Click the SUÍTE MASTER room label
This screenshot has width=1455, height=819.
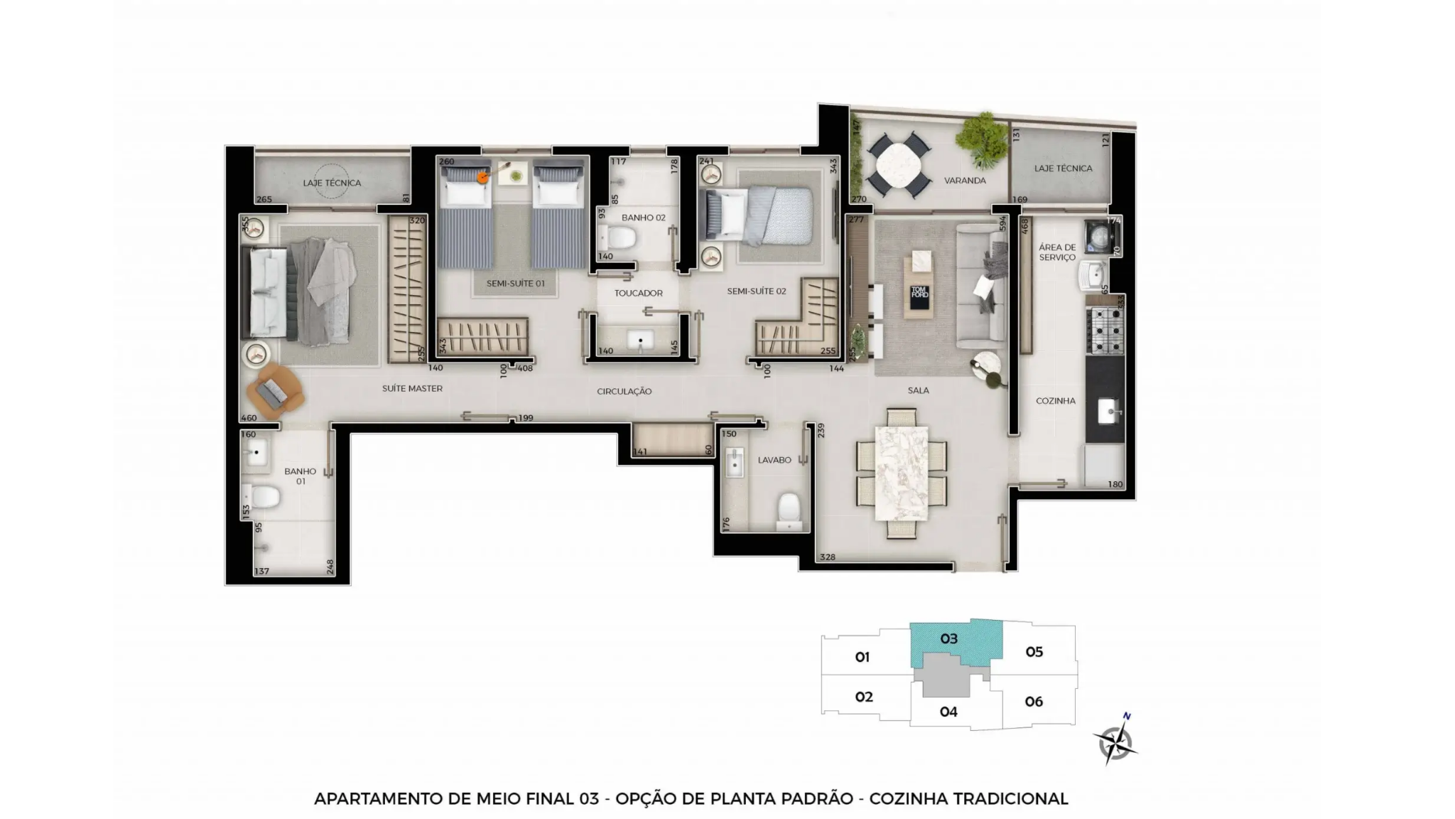412,389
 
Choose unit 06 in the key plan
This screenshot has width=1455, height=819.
1034,702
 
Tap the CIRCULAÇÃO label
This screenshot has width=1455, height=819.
624,392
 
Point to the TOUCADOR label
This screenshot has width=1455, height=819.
638,293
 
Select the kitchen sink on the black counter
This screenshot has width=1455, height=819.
1108,411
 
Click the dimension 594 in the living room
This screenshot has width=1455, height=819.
1002,223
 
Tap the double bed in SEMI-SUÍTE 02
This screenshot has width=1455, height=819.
756,214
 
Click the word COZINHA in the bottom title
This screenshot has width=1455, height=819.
908,799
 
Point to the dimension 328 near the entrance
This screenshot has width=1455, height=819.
827,557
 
